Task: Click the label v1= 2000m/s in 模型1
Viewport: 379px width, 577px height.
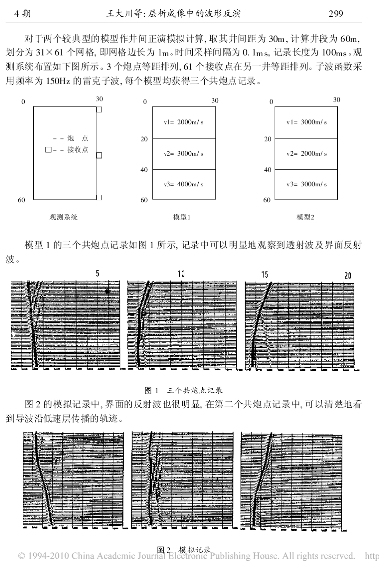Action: [184, 122]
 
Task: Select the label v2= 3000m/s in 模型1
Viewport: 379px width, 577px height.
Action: [184, 153]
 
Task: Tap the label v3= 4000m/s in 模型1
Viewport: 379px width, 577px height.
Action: [184, 184]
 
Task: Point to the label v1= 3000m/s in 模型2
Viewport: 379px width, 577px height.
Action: [306, 122]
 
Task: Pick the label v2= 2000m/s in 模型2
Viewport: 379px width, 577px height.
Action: [306, 153]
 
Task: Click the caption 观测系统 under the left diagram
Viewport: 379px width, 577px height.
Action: [63, 217]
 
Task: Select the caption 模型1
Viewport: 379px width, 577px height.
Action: [182, 217]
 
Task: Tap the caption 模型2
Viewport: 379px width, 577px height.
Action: [305, 217]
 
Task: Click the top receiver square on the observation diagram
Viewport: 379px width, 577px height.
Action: [99, 109]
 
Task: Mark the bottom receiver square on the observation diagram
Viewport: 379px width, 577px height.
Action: [99, 197]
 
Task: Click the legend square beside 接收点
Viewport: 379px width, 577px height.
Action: [48, 150]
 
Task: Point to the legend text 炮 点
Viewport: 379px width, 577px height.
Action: [78, 138]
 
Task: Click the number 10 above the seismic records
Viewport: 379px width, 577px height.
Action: [181, 274]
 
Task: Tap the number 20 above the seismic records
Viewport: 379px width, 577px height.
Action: [347, 275]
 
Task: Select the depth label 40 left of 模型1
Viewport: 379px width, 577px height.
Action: [144, 170]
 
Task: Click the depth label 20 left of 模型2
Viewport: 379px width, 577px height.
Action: [267, 139]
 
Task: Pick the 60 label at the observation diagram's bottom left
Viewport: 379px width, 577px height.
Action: [21, 200]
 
